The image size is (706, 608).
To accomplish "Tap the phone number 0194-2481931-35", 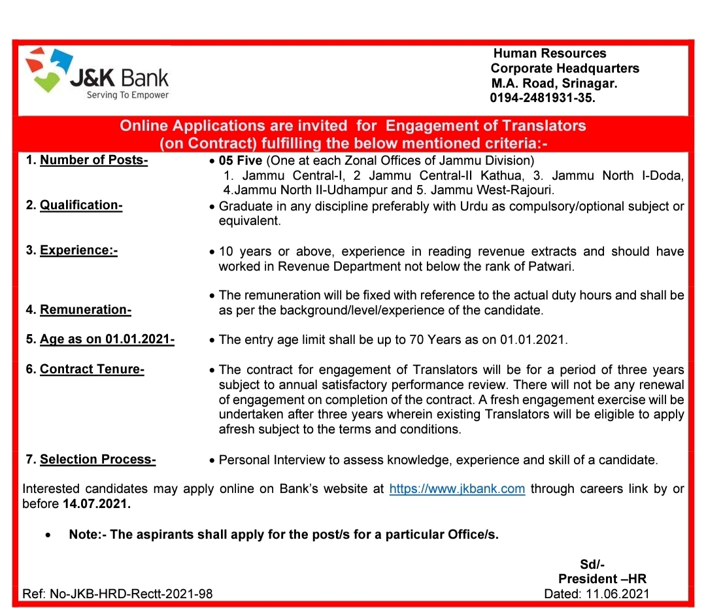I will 543,98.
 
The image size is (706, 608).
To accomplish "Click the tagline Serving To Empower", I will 127,95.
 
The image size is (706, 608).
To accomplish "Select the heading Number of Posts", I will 93,161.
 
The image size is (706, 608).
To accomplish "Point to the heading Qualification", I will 81,205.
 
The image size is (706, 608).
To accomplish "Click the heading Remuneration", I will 86,309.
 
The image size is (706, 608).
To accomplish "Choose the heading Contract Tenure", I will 92,369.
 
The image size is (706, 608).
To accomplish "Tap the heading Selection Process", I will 97,460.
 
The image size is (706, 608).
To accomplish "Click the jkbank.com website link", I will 457,489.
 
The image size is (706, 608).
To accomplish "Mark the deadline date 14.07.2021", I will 97,504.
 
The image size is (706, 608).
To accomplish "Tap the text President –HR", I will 602,579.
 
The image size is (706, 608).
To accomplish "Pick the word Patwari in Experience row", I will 560,267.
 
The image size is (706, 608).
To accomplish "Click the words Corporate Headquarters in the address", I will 565,68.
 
